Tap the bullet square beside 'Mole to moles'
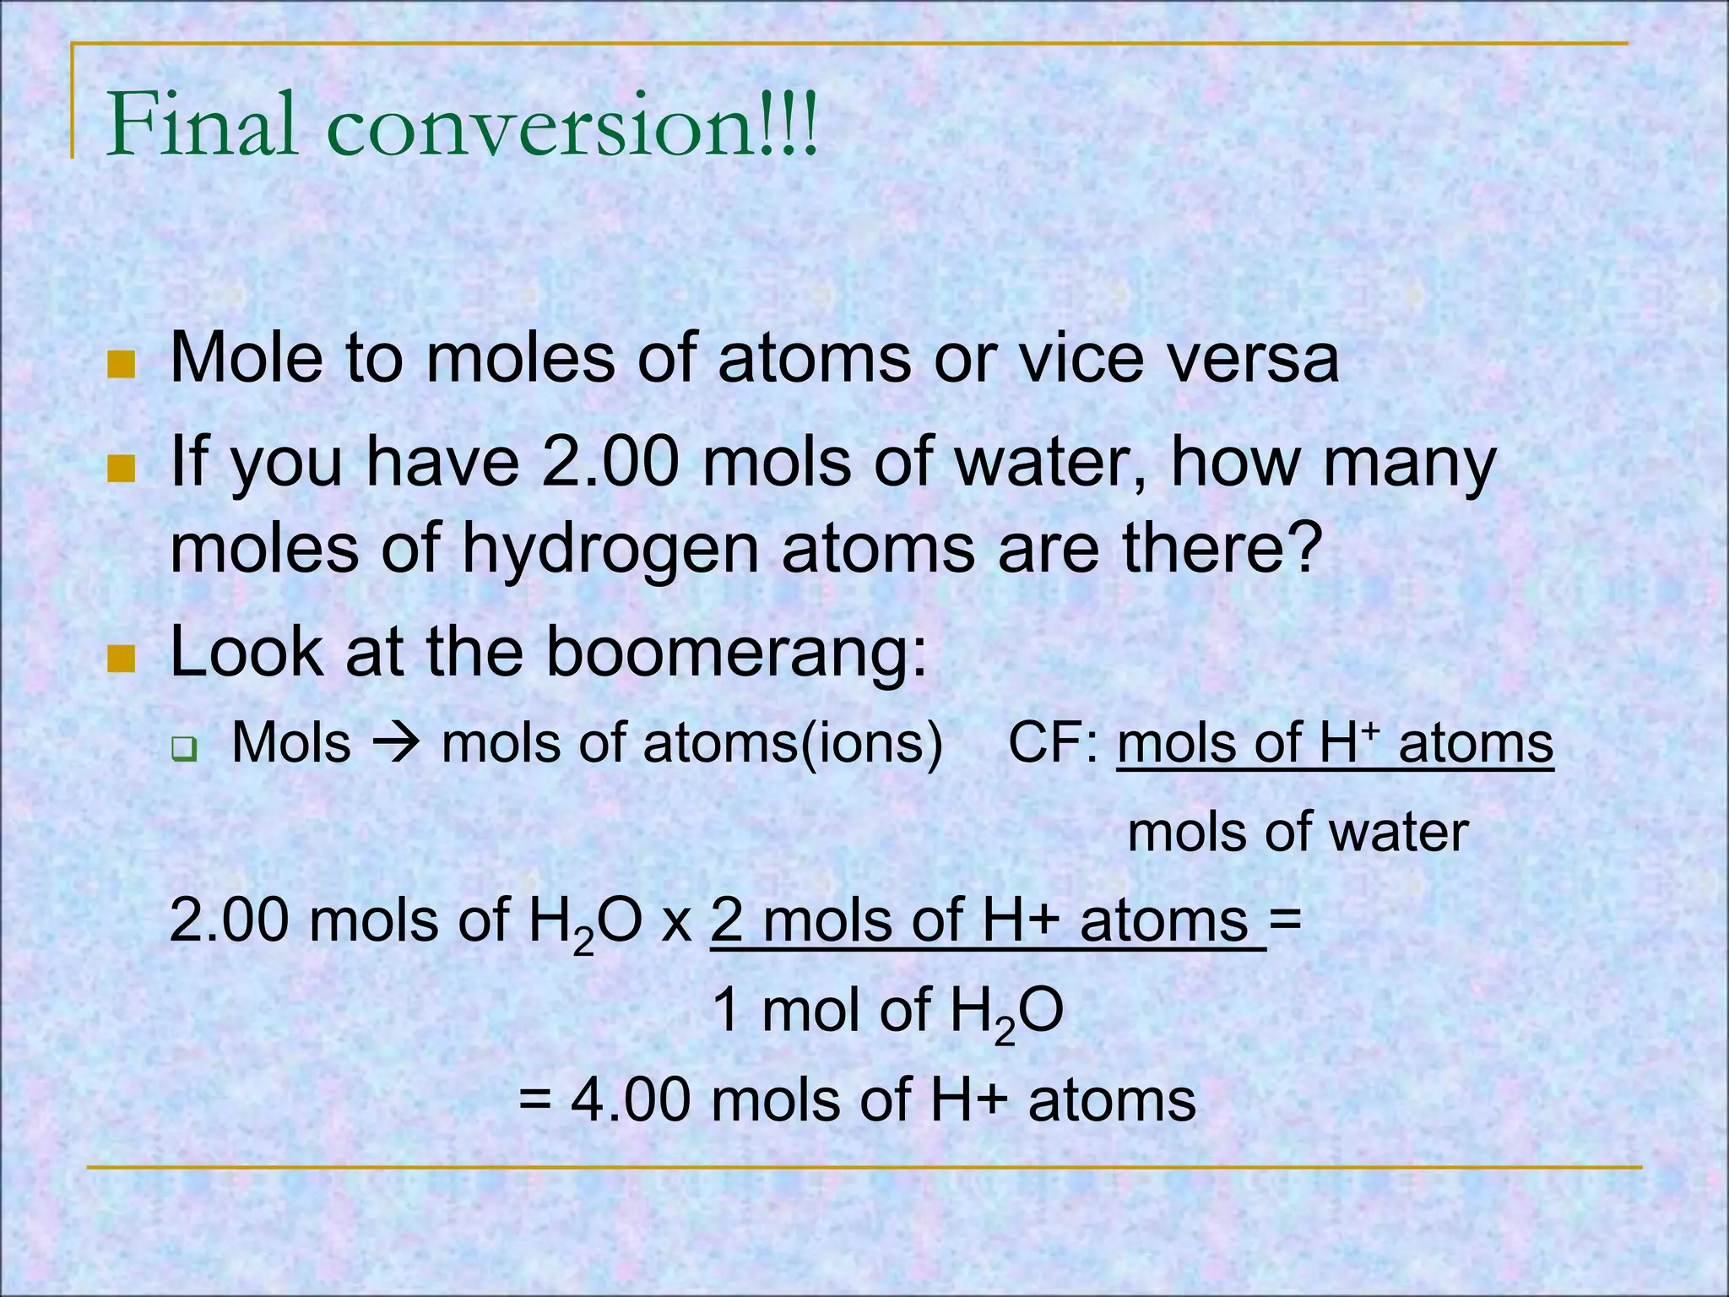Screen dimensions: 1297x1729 click(122, 365)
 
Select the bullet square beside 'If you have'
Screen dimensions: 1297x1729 click(122, 468)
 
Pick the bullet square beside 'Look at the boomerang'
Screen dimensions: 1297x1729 click(122, 658)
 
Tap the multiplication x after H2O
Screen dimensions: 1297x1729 click(677, 922)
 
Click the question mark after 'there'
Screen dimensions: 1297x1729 click(1299, 549)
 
